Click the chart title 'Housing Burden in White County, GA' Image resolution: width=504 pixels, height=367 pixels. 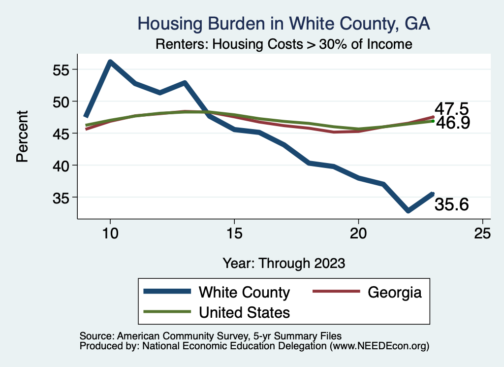point(284,24)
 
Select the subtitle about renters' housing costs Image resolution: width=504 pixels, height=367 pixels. point(283,44)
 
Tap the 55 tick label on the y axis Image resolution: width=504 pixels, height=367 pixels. point(62,69)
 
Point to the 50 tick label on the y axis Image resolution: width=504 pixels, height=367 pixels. point(62,101)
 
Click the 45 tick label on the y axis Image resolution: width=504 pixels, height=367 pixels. point(62,133)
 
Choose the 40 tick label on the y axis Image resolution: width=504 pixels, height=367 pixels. point(62,166)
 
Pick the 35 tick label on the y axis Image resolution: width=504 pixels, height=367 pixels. point(62,198)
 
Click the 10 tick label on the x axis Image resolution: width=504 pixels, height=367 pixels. point(110,234)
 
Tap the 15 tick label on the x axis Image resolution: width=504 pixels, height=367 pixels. point(234,234)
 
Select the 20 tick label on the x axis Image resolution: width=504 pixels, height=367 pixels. point(358,234)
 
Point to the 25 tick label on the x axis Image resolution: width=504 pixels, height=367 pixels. point(482,234)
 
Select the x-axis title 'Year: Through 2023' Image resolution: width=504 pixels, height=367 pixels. point(283,263)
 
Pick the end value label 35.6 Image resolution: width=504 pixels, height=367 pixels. point(451,203)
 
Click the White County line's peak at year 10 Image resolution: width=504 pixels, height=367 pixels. point(110,62)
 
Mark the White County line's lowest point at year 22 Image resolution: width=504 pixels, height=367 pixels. point(408,210)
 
